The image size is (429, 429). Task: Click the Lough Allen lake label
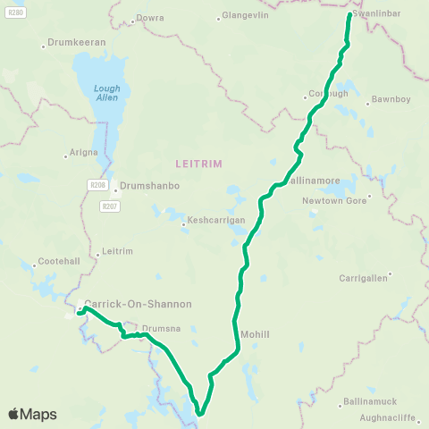click(105, 93)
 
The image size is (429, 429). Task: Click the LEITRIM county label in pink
click(199, 163)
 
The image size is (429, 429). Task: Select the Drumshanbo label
click(149, 185)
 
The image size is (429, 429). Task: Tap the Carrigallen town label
click(363, 278)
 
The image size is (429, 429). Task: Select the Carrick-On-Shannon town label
click(138, 304)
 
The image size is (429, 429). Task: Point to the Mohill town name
click(255, 334)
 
